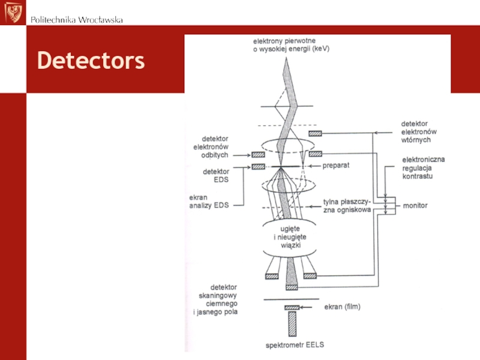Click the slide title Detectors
point(91,61)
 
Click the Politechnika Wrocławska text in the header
point(77,20)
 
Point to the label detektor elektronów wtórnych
point(419,131)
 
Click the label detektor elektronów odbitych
point(215,146)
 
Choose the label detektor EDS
point(215,175)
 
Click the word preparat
point(337,164)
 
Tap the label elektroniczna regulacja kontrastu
point(424,167)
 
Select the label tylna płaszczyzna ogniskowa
point(347,206)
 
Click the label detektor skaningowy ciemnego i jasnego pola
point(216,300)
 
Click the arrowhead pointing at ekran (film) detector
point(305,308)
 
